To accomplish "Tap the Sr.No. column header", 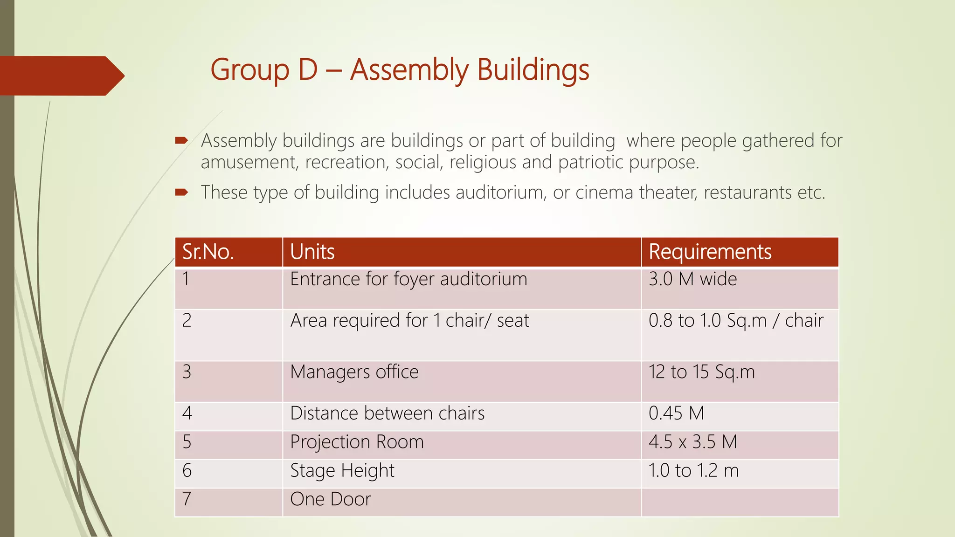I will point(208,252).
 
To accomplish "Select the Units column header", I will point(312,252).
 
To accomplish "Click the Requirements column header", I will point(710,252).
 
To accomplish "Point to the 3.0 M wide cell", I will point(692,279).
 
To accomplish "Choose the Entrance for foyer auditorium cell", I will point(408,279).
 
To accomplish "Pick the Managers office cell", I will point(354,372).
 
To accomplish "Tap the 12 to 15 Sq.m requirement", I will point(701,372).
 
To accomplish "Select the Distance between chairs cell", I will point(387,413).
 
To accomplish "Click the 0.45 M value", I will point(676,413).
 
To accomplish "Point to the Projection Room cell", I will point(357,442).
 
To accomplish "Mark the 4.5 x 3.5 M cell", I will point(692,442).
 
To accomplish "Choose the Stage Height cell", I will point(342,471).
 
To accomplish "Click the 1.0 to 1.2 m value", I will point(693,471).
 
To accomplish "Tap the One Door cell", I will point(330,499).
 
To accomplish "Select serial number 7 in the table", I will point(187,499).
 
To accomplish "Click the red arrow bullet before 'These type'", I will point(181,192).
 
